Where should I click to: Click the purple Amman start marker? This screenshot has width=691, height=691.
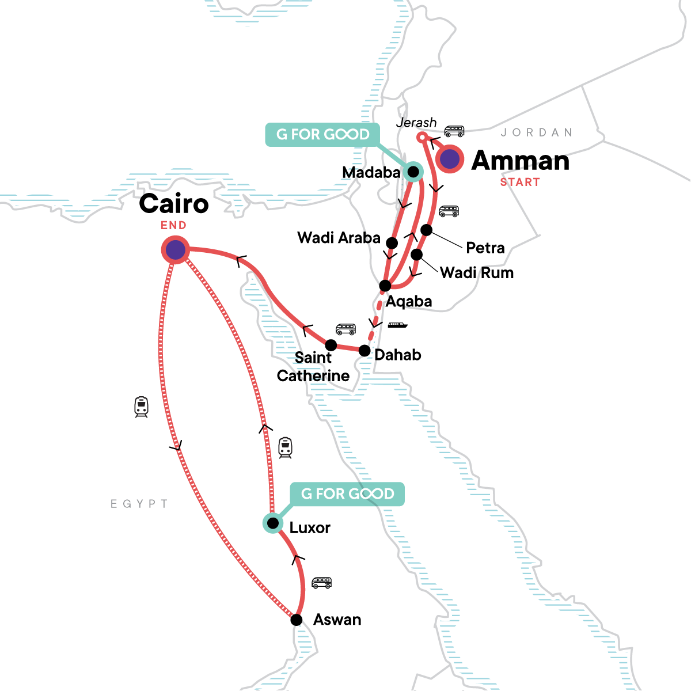point(450,160)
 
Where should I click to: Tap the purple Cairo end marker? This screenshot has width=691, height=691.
point(176,250)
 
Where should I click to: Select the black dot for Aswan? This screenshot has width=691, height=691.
point(296,620)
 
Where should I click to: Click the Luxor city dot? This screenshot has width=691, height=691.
point(273,523)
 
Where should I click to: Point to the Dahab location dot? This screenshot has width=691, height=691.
point(365,350)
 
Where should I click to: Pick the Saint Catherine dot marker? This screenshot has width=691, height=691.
point(331,345)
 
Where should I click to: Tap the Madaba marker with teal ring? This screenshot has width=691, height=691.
point(413,171)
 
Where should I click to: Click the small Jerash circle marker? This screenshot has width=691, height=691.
point(421,137)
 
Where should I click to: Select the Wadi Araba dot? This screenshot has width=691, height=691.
point(392,242)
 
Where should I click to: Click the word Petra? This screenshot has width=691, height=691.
point(485,248)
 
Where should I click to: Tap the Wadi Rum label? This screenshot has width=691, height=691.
point(476,272)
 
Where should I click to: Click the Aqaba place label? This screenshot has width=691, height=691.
point(408,301)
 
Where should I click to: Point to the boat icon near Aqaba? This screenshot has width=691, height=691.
point(397,325)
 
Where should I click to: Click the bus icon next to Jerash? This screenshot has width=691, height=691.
point(454,131)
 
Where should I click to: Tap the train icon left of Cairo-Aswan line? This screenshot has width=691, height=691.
point(141,407)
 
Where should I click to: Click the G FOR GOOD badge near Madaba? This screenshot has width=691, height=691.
point(322,134)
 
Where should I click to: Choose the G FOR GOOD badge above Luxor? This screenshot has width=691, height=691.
point(347,493)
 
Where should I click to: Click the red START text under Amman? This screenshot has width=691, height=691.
point(519,183)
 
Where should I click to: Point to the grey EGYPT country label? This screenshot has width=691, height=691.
point(139,504)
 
